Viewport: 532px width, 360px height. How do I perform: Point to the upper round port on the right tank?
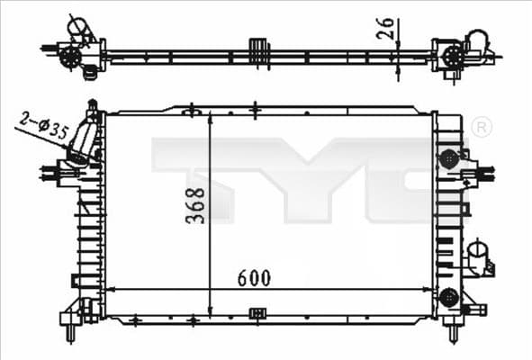[447, 158]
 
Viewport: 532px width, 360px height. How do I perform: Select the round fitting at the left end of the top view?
[69, 56]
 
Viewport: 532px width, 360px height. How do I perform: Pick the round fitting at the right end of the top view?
[450, 56]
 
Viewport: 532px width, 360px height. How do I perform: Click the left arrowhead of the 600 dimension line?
[110, 289]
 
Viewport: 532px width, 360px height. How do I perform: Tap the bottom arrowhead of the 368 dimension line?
[209, 311]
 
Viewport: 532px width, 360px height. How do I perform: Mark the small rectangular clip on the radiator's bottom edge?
[257, 312]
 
